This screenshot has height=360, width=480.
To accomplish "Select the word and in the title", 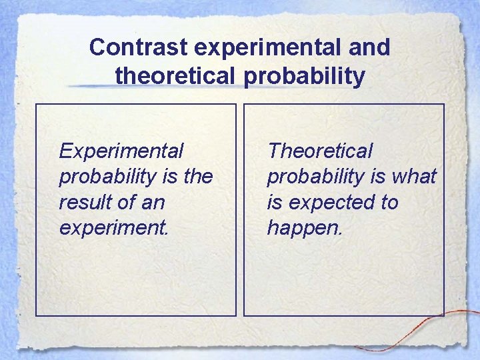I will [371, 48].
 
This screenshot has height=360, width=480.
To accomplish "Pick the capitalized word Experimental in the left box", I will [121, 151].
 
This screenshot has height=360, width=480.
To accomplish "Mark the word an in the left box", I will [153, 203].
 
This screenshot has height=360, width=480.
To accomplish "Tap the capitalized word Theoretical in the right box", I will [320, 151].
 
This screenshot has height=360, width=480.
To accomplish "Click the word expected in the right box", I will [329, 203].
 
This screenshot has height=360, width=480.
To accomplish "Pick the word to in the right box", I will [387, 203].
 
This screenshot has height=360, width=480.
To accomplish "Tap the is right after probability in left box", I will [168, 177].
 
